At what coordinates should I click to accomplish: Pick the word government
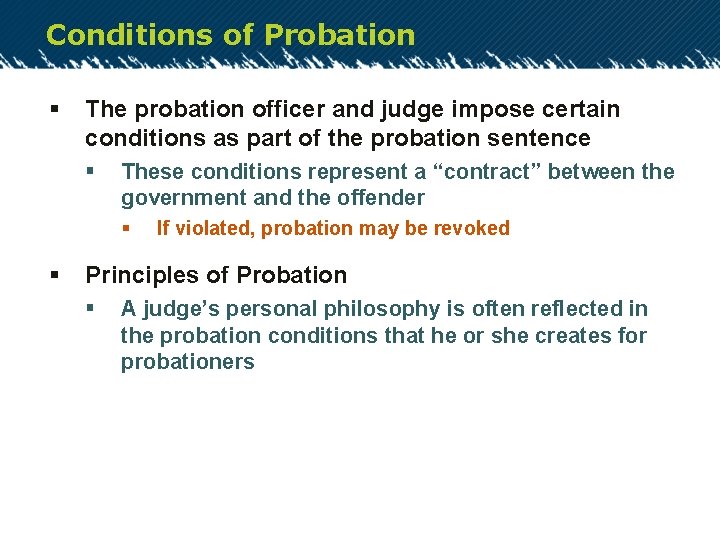click(178, 198)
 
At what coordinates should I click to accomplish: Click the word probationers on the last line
click(187, 363)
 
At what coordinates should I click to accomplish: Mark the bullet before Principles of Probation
click(54, 275)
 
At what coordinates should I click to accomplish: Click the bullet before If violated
click(126, 228)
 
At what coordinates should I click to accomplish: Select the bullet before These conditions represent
click(90, 172)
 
